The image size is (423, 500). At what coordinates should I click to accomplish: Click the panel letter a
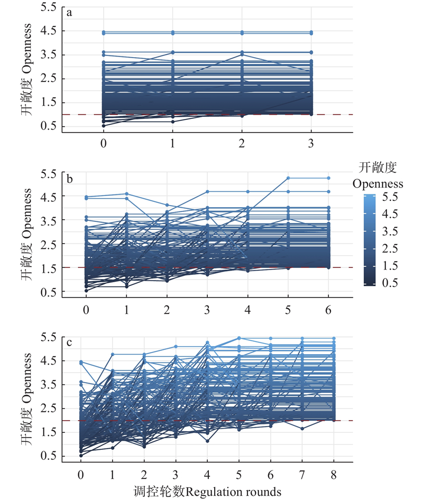(x=69, y=13)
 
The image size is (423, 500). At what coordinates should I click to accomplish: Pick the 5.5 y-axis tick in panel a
(x=48, y=7)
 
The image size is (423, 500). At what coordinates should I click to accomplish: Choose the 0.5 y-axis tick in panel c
(x=48, y=456)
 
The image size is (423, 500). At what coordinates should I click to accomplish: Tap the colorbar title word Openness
(x=378, y=184)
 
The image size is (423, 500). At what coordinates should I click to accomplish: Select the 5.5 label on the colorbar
(x=390, y=197)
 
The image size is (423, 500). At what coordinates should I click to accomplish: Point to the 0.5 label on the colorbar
(x=390, y=283)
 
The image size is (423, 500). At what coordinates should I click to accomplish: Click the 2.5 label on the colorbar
(x=390, y=248)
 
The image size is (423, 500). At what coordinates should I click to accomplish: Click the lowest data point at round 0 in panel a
(x=103, y=126)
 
